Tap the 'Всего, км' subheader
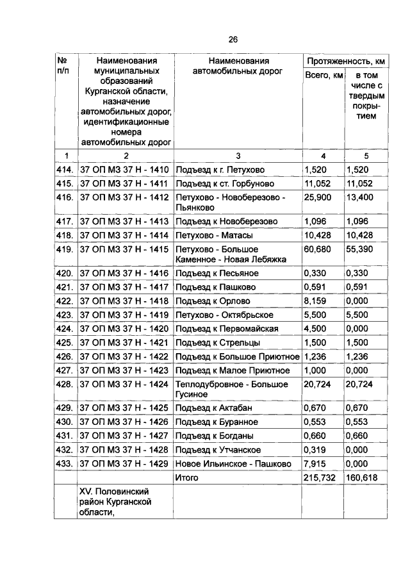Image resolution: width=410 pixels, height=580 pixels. click(x=322, y=76)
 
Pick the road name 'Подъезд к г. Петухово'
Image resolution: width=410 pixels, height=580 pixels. click(x=220, y=170)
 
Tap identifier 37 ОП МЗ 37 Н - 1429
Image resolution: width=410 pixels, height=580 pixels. click(x=124, y=463)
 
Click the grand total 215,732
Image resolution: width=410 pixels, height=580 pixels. click(x=321, y=477)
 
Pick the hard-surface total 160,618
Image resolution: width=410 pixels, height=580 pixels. click(x=362, y=477)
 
